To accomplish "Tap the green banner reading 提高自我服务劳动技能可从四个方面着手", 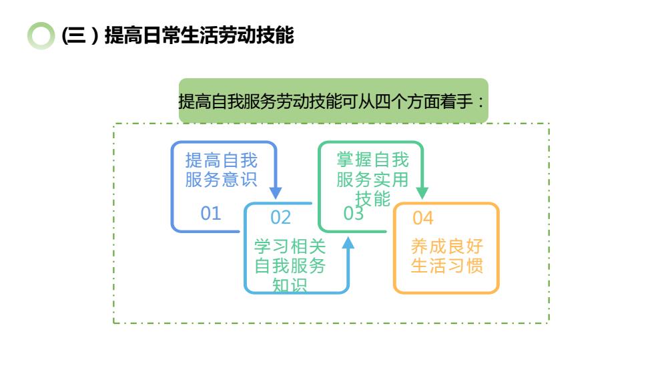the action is coord(333,101).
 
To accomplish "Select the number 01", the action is coord(211,213).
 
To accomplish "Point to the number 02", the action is coord(280,217).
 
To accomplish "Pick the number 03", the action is coord(353,213).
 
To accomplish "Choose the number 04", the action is coord(423,218).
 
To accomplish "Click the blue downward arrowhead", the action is coord(275,193).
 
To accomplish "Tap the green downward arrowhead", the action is coord(422,193).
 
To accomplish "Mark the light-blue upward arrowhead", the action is coord(348,243).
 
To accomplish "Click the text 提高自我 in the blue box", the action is coord(222,160).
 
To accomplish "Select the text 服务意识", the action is coord(222,180).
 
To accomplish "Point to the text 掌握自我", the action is coord(372,160).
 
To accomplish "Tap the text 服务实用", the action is coord(372,180).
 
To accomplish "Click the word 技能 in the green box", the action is coord(372,198).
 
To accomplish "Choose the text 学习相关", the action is coord(290,246).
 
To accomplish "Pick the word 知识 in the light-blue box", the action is coord(290,285).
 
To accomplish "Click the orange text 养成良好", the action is coord(447,246).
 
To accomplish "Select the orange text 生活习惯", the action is coord(447,266).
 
